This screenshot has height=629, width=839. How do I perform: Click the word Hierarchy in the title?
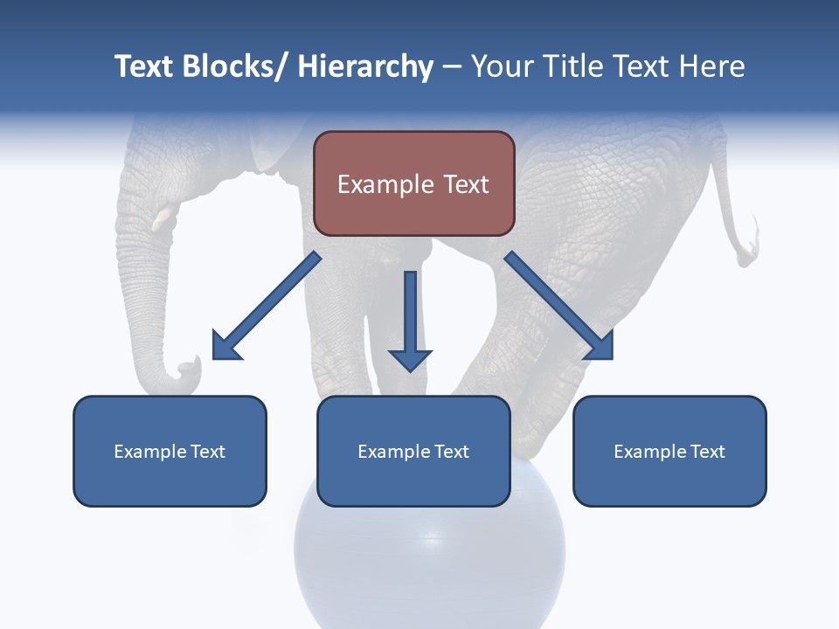(x=365, y=66)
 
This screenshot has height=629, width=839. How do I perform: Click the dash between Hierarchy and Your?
(x=451, y=68)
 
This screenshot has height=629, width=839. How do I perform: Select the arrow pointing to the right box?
(x=559, y=306)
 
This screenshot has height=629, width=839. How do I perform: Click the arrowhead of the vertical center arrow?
(x=410, y=359)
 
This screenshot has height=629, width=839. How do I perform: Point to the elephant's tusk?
(x=163, y=218)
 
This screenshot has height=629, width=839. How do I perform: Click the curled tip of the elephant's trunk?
(x=187, y=370)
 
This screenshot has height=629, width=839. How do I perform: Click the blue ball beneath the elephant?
(x=430, y=559)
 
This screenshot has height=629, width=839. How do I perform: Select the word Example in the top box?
(x=384, y=184)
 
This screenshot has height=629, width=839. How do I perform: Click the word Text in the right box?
(x=707, y=452)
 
